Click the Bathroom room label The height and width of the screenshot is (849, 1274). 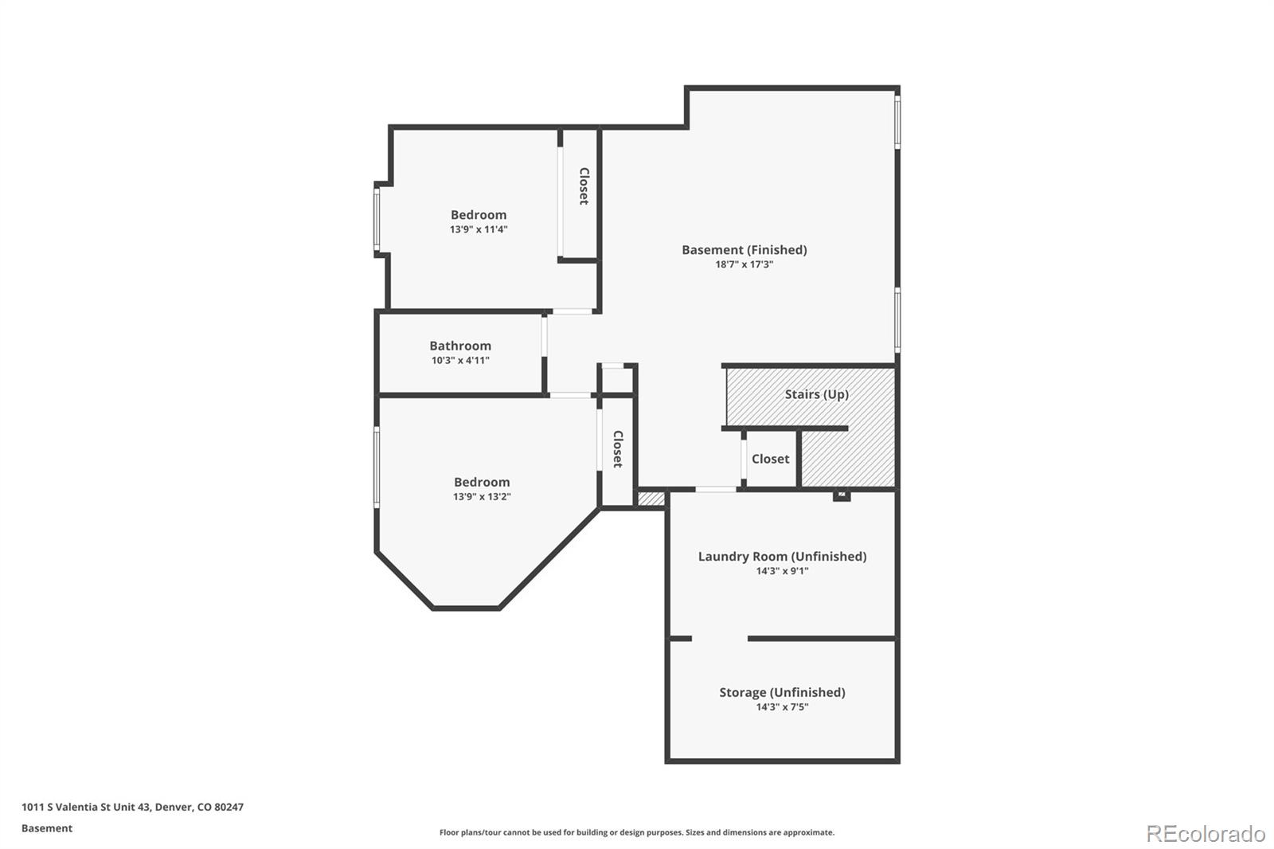[x=460, y=346]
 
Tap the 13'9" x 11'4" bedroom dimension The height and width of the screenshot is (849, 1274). [x=479, y=229]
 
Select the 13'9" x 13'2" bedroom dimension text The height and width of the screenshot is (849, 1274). [x=482, y=497]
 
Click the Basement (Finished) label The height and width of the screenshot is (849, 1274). [x=744, y=250]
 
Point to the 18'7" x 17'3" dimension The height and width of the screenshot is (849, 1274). [x=744, y=264]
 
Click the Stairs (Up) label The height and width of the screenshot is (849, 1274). [x=816, y=394]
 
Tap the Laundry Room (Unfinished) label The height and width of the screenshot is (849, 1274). [x=782, y=557]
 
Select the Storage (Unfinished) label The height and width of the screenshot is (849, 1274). [x=782, y=693]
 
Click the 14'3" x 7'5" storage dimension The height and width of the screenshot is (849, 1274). [x=782, y=707]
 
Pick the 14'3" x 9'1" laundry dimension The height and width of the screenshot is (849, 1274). [x=782, y=571]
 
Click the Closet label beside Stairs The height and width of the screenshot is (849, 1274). [x=770, y=459]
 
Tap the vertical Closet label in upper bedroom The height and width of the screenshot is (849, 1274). [x=584, y=186]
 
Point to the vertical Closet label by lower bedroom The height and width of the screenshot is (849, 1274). [x=617, y=449]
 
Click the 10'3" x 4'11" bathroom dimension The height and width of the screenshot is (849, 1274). [x=460, y=361]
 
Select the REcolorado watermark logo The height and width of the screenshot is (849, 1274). [x=1205, y=834]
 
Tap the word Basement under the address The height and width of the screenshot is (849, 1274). [x=47, y=828]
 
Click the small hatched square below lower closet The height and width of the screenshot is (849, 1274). [x=651, y=499]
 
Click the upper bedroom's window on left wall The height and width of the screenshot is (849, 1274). [x=377, y=219]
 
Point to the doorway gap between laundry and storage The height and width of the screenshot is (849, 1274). [x=719, y=639]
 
